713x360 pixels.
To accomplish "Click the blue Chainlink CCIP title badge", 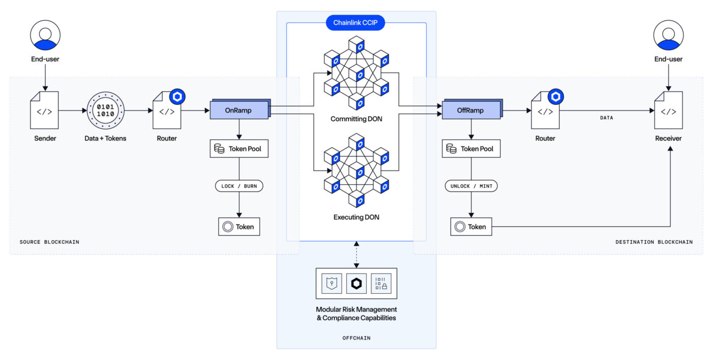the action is coord(355,22).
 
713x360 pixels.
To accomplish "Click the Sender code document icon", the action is coord(44,110).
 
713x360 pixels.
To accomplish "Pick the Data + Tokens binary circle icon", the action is coord(105,110).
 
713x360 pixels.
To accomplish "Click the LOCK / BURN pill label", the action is coord(239,186).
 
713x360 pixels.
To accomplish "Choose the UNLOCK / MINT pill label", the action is coord(471,186).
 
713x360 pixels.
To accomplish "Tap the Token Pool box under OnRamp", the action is coord(239,149).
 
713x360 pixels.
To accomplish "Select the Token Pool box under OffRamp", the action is coord(471,149).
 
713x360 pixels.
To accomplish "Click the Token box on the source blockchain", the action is coord(239,227).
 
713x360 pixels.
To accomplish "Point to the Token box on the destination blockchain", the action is coord(471,227).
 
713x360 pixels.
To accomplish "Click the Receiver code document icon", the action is coord(668,110).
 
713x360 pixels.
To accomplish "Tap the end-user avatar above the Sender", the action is coord(45,35).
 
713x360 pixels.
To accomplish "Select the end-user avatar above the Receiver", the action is coord(668,35).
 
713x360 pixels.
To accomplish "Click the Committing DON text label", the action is coord(356,119).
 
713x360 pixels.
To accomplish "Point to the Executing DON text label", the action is coord(356,217).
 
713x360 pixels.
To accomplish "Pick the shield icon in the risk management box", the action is coord(332,283).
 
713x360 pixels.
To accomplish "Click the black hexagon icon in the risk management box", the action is coord(356,283).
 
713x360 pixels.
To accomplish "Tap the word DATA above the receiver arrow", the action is coord(607,118).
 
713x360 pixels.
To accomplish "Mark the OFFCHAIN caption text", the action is coord(356,338).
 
